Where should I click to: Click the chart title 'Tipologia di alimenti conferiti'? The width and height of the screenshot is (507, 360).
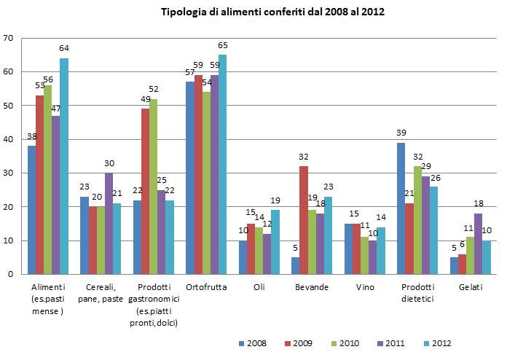coord(272,12)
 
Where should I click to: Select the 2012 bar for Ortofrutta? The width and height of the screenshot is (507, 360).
coord(222,165)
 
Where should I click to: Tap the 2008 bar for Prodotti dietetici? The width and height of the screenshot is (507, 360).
coord(400,208)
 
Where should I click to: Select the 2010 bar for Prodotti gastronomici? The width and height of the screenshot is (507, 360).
coord(152,187)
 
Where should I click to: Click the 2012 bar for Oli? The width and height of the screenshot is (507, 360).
coord(275,242)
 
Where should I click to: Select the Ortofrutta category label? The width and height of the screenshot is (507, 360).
coord(205,288)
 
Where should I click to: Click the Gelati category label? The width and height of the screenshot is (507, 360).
coord(467,288)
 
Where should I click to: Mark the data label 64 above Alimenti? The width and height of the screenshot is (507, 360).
coord(64,48)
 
